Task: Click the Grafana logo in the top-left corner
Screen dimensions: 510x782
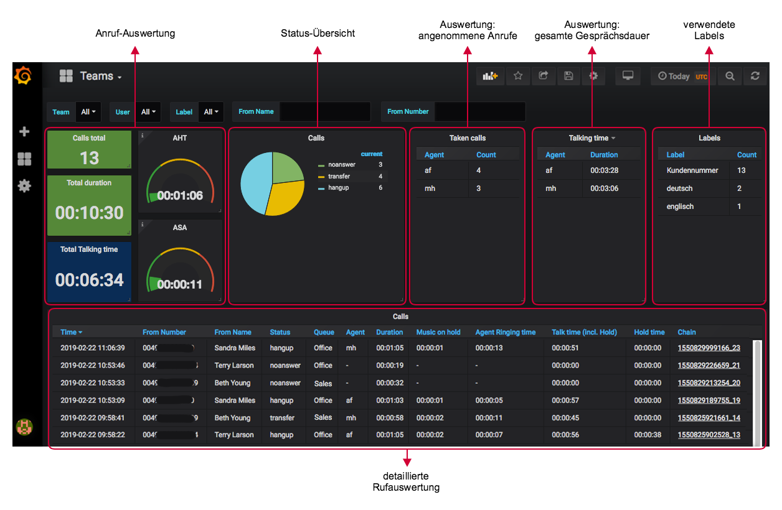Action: coord(23,76)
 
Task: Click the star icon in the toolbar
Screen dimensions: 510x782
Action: coord(518,76)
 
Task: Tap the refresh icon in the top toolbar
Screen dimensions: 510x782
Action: coord(755,76)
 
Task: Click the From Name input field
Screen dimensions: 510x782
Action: coord(324,112)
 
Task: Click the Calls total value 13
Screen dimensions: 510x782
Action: coord(89,158)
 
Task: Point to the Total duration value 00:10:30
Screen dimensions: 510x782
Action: coord(89,213)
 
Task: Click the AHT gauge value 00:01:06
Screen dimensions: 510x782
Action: coord(180,195)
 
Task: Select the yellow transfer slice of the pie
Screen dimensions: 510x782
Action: coord(283,198)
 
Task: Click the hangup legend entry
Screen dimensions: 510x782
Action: coord(338,188)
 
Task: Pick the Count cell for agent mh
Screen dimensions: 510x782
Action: coord(478,188)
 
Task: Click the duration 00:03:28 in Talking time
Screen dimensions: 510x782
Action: coord(604,170)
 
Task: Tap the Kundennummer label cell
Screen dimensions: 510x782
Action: coord(692,170)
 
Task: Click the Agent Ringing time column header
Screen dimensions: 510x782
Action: coord(505,332)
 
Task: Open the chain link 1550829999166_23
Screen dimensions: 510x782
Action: coord(709,348)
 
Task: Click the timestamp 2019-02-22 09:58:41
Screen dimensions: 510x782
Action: coord(92,418)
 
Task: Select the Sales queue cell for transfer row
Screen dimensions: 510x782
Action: coord(323,418)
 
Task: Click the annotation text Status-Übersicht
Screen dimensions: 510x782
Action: coord(318,34)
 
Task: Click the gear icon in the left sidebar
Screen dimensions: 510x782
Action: coord(24,186)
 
